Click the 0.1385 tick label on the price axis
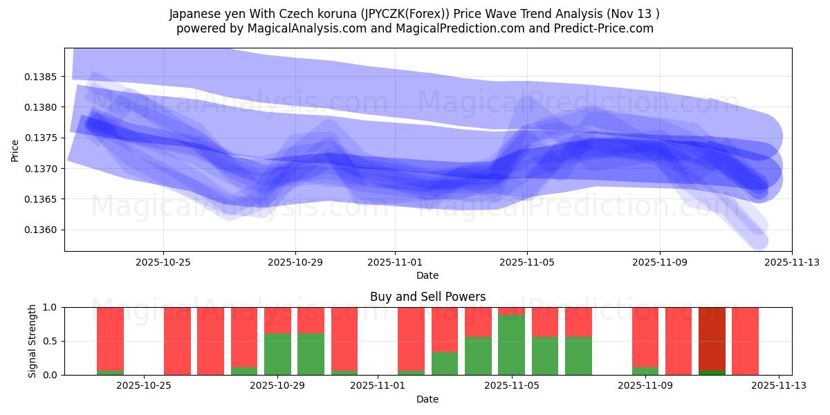point(44,76)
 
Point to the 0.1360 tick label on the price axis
point(44,230)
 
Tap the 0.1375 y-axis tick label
point(44,138)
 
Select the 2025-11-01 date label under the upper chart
point(395,263)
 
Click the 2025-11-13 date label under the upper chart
point(791,263)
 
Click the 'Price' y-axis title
point(15,149)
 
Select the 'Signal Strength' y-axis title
point(33,341)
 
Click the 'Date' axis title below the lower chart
point(427,399)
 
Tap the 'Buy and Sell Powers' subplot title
point(427,297)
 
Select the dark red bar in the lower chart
point(712,338)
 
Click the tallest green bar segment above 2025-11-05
point(511,344)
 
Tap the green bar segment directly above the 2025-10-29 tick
point(277,354)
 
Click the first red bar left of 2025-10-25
point(110,338)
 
